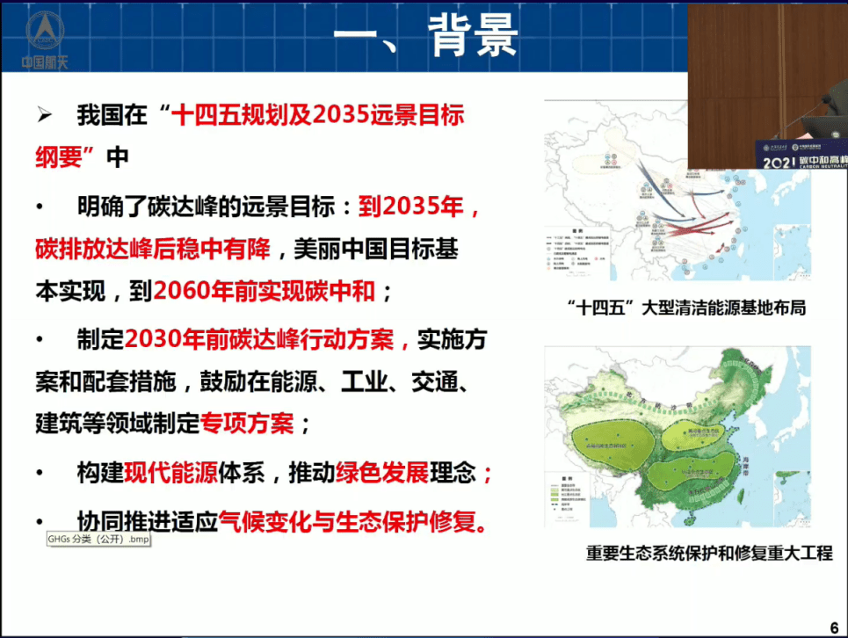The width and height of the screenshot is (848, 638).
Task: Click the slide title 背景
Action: [x=474, y=37]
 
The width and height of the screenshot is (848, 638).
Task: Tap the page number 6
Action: [x=834, y=627]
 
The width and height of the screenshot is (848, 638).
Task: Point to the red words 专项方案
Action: [x=247, y=424]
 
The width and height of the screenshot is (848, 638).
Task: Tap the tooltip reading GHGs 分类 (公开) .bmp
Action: [x=98, y=539]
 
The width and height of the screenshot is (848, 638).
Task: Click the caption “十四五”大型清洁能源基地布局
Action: [x=686, y=308]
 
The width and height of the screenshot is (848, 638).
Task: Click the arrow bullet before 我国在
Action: [x=46, y=116]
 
